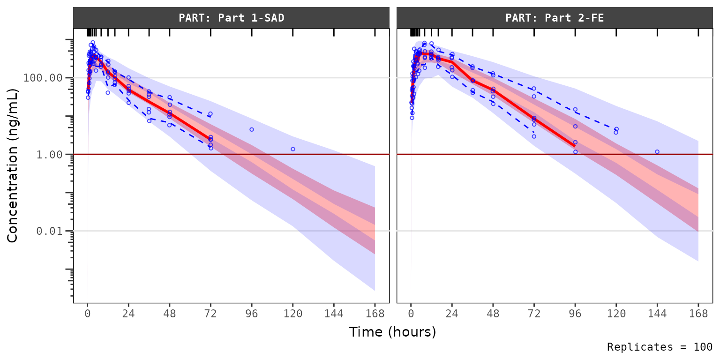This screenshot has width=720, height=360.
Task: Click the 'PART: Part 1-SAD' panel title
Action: [231, 18]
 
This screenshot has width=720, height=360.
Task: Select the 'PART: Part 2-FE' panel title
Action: [554, 18]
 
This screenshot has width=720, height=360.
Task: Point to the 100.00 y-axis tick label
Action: [43, 77]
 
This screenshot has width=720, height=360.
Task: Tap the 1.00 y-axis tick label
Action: [49, 154]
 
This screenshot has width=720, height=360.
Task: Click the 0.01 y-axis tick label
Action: [49, 231]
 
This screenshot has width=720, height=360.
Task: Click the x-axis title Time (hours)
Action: [392, 332]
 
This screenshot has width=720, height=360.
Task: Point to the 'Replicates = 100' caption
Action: [659, 347]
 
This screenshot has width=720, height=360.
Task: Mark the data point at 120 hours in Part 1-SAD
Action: [293, 149]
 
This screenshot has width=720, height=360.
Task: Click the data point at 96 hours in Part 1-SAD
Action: [252, 129]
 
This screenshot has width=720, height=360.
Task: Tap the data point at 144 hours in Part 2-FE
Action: [657, 152]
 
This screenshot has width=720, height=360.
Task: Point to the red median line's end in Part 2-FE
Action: [575, 146]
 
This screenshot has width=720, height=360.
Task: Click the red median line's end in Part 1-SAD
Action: [211, 139]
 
